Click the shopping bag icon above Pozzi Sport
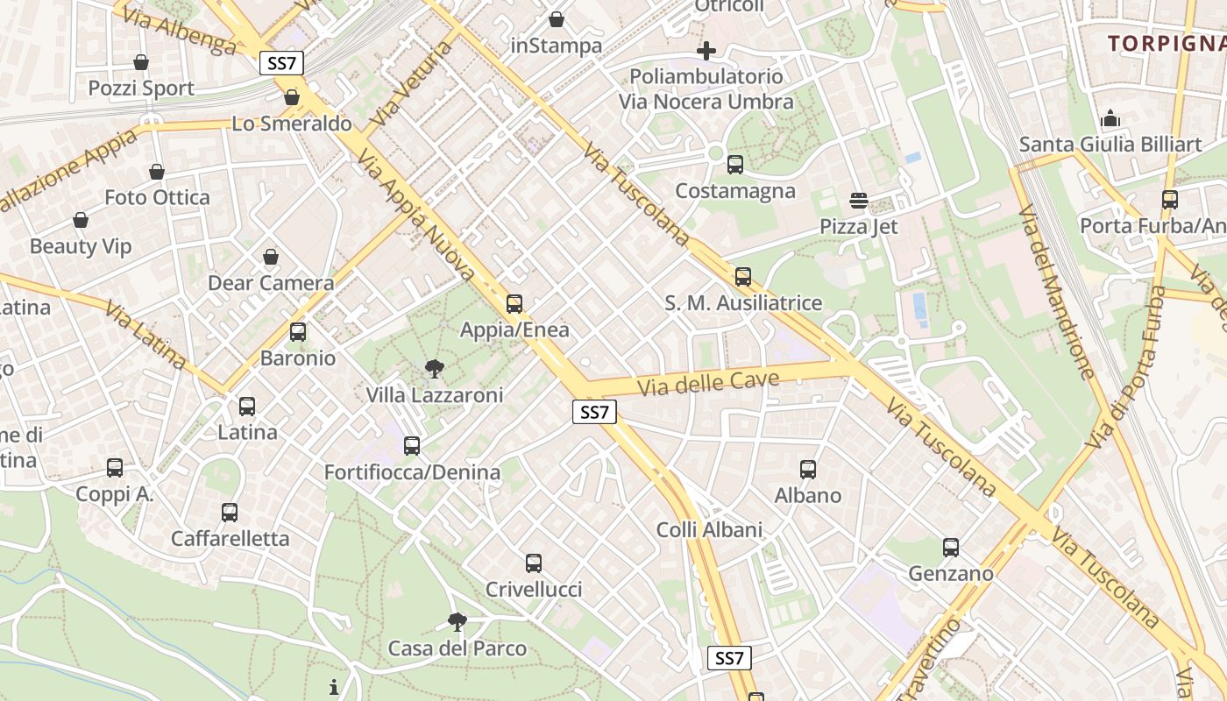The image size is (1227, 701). click(x=140, y=62)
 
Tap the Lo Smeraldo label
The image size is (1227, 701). click(x=292, y=124)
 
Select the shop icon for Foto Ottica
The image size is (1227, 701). click(x=157, y=172)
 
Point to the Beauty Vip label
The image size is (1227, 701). click(x=81, y=246)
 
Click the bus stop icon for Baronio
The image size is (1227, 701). click(x=298, y=332)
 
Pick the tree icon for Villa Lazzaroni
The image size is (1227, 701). click(x=434, y=368)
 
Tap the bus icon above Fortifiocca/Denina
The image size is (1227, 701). click(x=412, y=446)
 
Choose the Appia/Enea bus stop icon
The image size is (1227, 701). click(x=514, y=304)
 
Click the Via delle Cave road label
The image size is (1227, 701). click(x=708, y=383)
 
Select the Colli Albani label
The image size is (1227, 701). click(x=709, y=529)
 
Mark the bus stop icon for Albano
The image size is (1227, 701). click(x=808, y=470)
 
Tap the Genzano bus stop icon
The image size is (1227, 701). click(x=951, y=548)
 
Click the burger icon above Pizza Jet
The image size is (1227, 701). click(x=858, y=201)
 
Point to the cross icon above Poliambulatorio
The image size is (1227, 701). click(x=706, y=50)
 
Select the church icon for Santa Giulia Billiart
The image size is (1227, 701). click(x=1110, y=118)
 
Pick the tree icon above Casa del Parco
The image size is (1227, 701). click(x=457, y=622)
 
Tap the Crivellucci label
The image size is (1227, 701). click(x=534, y=589)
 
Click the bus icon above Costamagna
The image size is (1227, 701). click(x=735, y=165)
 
